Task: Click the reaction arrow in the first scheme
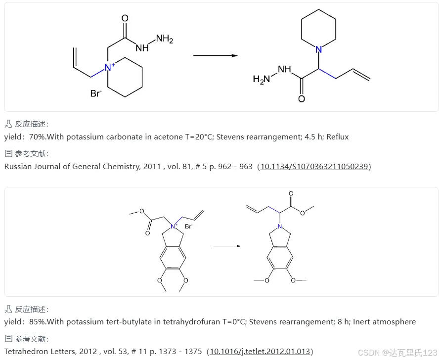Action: pos(215,56)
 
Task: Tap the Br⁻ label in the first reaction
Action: pos(96,93)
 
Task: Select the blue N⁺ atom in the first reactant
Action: pos(109,67)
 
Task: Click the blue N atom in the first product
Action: pos(319,49)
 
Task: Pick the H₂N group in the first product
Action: pos(261,79)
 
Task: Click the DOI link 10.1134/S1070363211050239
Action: pos(314,166)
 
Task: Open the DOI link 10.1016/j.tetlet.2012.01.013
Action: pos(261,351)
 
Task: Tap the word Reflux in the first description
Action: pos(337,137)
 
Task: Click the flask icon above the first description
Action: pos(8,125)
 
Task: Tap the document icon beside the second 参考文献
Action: pos(8,339)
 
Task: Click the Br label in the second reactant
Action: pos(188,227)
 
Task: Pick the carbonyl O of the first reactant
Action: pos(125,18)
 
